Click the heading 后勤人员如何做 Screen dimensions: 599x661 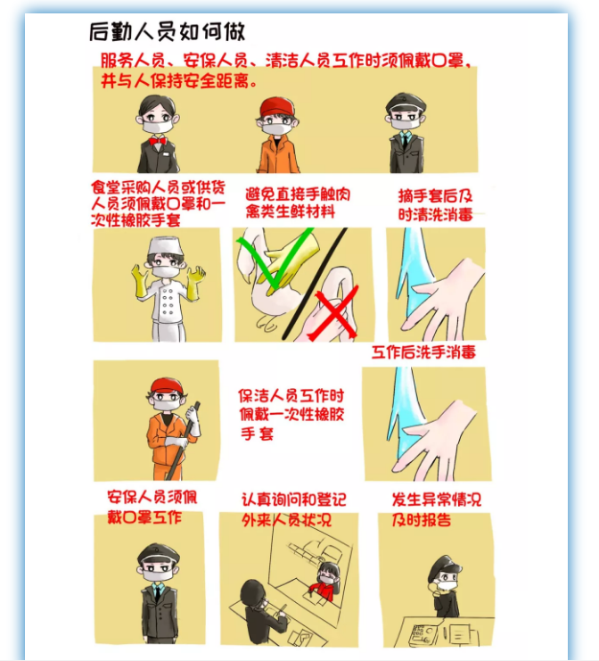(x=167, y=31)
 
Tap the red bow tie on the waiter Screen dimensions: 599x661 (x=157, y=140)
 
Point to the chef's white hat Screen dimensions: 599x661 (x=166, y=246)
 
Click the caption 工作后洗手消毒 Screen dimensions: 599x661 (x=423, y=352)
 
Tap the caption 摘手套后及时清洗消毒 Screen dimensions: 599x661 (x=436, y=205)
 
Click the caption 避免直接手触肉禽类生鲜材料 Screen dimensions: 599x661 (x=298, y=202)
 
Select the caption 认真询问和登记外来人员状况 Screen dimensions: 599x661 (x=293, y=509)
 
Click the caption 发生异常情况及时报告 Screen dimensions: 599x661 (x=436, y=509)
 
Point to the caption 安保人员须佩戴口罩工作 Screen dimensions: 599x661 (x=152, y=507)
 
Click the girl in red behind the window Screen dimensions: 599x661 (x=325, y=581)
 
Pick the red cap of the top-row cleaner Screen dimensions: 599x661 (x=276, y=107)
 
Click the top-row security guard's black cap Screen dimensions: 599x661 (x=405, y=103)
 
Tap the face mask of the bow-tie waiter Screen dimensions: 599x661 (x=157, y=126)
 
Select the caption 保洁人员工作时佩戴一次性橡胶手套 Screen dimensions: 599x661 (x=291, y=415)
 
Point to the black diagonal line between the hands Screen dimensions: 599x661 (x=315, y=284)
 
